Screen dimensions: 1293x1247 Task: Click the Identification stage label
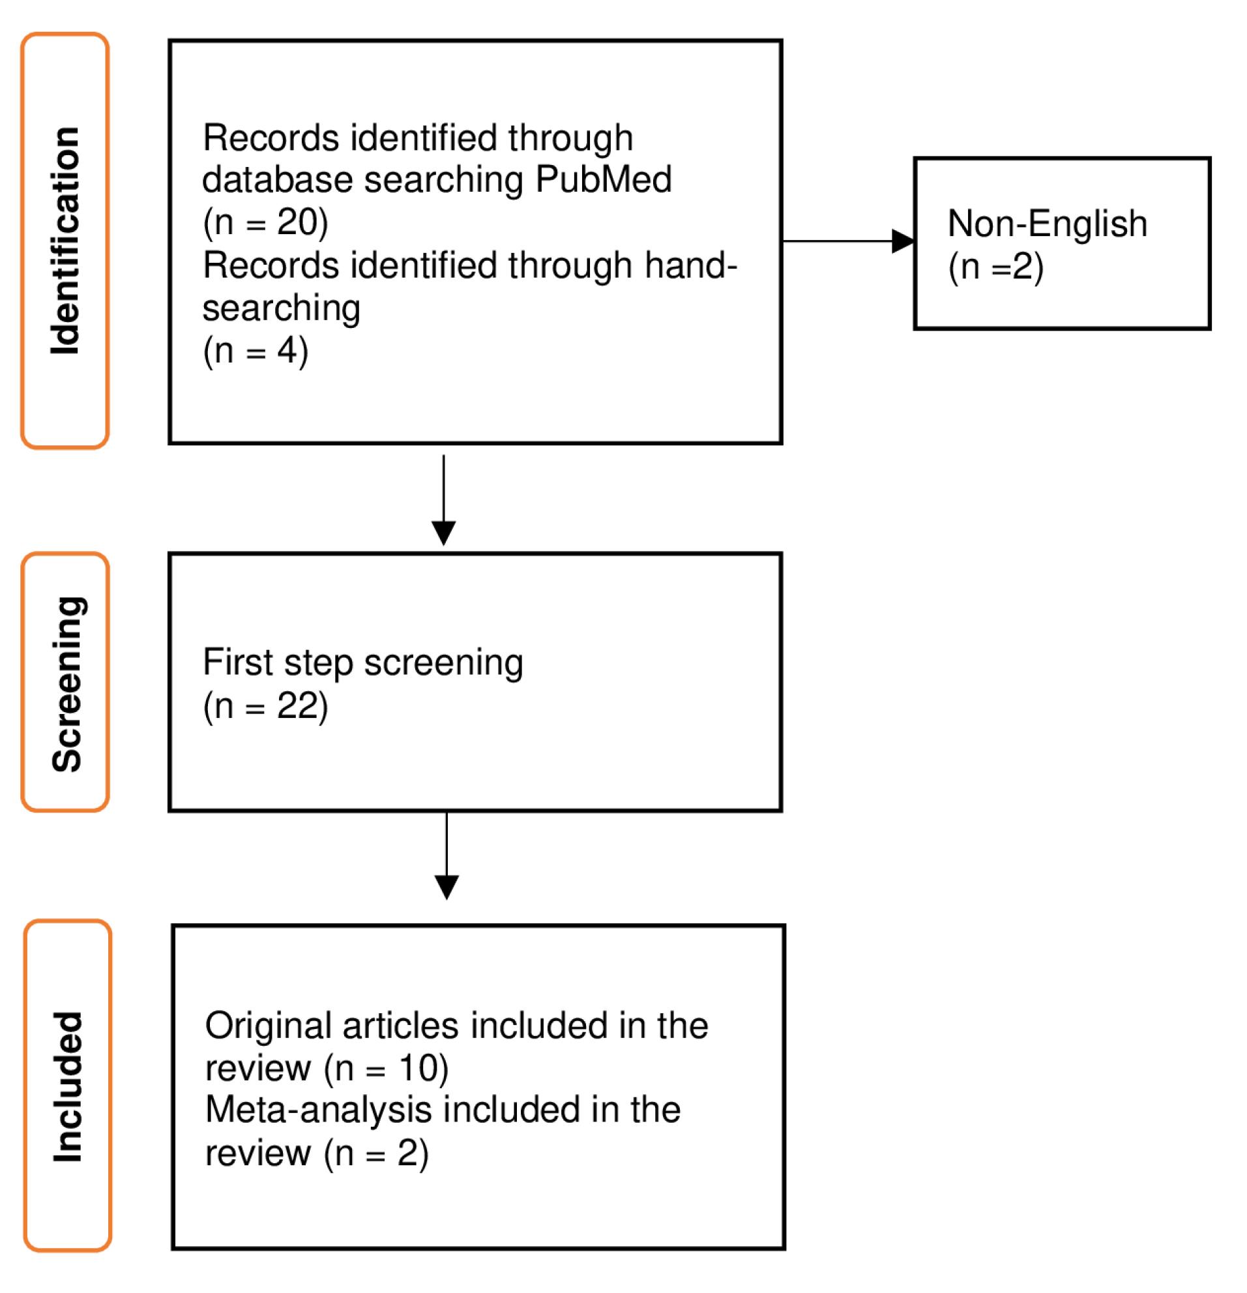click(x=65, y=241)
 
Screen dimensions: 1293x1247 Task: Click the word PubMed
click(x=603, y=179)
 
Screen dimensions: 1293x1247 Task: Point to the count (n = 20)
click(x=265, y=222)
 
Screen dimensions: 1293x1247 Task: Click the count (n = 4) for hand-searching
click(x=256, y=350)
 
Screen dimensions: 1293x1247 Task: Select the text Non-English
click(x=1046, y=224)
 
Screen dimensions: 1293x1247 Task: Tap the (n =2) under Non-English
click(x=995, y=267)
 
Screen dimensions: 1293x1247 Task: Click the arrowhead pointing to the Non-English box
click(x=902, y=241)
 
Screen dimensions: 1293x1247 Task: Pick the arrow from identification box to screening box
click(x=443, y=499)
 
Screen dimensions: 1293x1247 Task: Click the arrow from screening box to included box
click(x=447, y=855)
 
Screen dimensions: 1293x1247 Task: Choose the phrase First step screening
click(x=362, y=662)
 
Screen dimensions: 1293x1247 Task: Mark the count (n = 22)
click(x=265, y=707)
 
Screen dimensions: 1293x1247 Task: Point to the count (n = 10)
click(x=387, y=1069)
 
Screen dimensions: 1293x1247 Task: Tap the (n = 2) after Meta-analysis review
click(x=377, y=1153)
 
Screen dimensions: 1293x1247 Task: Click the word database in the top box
click(x=277, y=179)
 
